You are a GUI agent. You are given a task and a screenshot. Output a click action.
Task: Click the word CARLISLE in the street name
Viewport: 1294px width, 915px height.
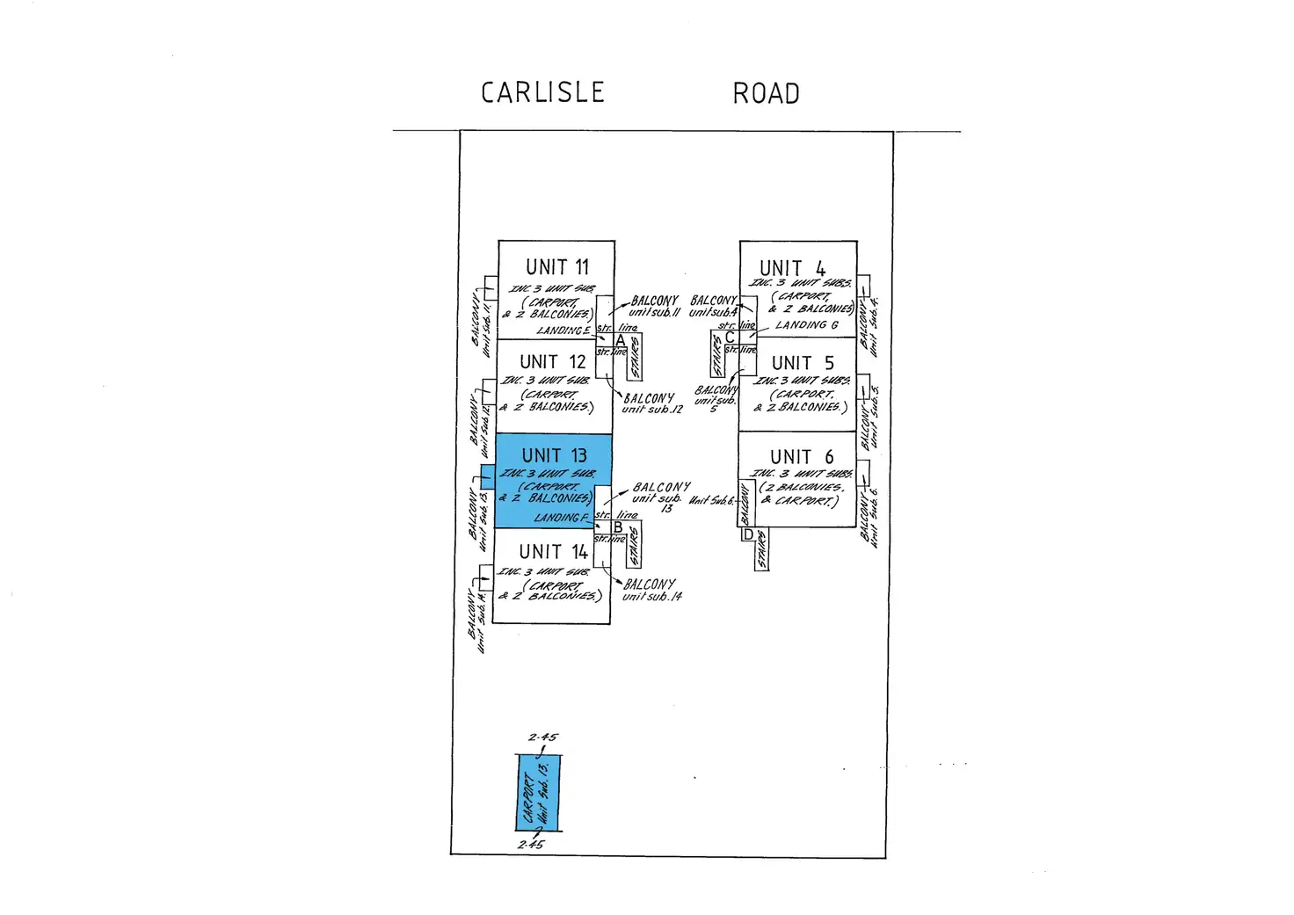[x=542, y=92]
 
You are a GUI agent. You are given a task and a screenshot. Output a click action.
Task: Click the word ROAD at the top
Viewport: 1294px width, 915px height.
[x=766, y=93]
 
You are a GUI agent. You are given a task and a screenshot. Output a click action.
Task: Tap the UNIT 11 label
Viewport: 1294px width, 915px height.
[x=557, y=267]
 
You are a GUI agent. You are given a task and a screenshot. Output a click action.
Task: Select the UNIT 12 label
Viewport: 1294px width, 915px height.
[x=552, y=362]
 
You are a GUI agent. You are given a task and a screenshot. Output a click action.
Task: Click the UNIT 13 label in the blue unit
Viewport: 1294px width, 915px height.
[x=554, y=455]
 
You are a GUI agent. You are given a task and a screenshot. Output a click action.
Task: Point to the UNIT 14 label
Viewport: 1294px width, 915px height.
[x=553, y=552]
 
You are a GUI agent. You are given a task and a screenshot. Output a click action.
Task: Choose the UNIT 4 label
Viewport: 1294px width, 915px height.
[x=792, y=268]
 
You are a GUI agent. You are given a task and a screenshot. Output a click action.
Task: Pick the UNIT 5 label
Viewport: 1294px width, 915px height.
[x=802, y=363]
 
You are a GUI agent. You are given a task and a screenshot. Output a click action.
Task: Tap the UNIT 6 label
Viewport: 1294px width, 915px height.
[x=801, y=457]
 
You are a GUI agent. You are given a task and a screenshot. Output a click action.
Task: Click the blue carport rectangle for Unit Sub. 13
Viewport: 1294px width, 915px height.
[x=538, y=793]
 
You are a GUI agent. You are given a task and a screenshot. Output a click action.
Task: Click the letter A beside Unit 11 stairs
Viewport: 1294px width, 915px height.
[x=621, y=340]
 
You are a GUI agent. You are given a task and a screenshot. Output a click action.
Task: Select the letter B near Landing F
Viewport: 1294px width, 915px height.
[x=618, y=527]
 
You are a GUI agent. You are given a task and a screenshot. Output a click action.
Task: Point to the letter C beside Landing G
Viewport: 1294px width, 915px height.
[x=730, y=338]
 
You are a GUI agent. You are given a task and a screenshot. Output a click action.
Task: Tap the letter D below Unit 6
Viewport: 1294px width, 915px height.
[x=748, y=534]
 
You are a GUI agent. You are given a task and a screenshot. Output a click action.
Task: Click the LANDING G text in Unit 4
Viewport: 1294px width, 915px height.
[x=806, y=325]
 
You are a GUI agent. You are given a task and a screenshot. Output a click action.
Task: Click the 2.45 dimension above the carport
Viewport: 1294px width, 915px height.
[x=542, y=737]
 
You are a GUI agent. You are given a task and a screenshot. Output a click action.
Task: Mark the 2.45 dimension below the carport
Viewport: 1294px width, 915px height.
[x=531, y=845]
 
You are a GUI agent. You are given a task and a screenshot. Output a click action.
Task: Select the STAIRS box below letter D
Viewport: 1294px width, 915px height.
[x=761, y=550]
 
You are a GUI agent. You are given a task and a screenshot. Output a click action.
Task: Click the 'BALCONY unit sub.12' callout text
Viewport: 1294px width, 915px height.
[x=651, y=403]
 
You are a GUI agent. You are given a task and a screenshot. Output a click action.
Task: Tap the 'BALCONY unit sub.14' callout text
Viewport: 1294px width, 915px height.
[x=651, y=590]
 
